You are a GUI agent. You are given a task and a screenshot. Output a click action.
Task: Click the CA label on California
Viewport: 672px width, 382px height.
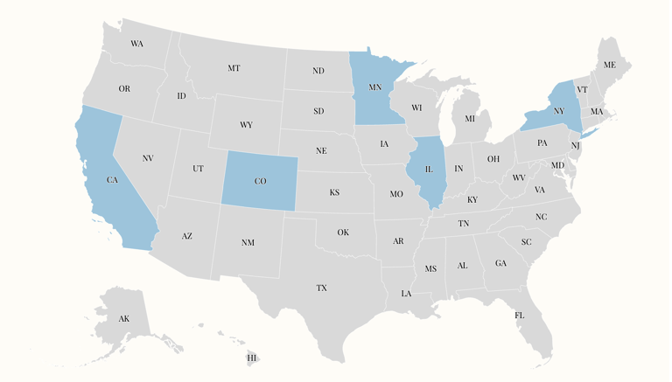[x=112, y=180]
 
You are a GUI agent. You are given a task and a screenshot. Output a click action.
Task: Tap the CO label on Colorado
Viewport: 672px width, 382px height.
[x=260, y=181]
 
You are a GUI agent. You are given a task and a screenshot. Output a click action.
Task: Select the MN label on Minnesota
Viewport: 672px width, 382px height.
[x=375, y=87]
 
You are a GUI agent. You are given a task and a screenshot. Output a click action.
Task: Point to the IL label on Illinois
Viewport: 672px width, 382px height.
[x=429, y=170]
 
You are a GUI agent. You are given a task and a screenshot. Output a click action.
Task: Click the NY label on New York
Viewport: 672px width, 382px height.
[x=559, y=112]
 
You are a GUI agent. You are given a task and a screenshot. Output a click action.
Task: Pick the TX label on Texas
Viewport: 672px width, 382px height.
[x=322, y=288]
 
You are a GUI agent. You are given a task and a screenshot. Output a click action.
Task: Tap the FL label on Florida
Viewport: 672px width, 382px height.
[x=520, y=315]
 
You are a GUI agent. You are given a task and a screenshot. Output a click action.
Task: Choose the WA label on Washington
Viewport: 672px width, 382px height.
[x=136, y=44]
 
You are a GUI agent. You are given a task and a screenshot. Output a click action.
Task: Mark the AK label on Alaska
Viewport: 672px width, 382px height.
[x=124, y=319]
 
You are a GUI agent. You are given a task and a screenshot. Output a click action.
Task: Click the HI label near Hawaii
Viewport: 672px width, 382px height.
[x=252, y=358]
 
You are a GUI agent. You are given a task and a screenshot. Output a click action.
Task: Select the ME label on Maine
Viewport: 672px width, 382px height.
[x=610, y=66]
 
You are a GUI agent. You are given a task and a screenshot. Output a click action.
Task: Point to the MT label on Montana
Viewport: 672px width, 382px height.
[x=234, y=68]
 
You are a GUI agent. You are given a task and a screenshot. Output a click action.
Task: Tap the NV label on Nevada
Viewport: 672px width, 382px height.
[x=148, y=158]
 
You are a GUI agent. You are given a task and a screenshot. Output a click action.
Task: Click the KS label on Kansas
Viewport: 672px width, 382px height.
[x=334, y=192]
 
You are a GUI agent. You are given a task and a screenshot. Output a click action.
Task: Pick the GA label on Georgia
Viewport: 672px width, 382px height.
[x=500, y=263]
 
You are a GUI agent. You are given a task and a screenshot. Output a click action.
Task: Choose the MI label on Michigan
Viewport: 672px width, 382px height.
[x=470, y=119]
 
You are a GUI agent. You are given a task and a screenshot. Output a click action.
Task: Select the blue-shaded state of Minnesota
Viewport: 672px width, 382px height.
[x=372, y=105]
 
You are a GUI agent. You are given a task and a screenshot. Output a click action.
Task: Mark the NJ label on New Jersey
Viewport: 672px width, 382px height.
[x=576, y=145]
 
